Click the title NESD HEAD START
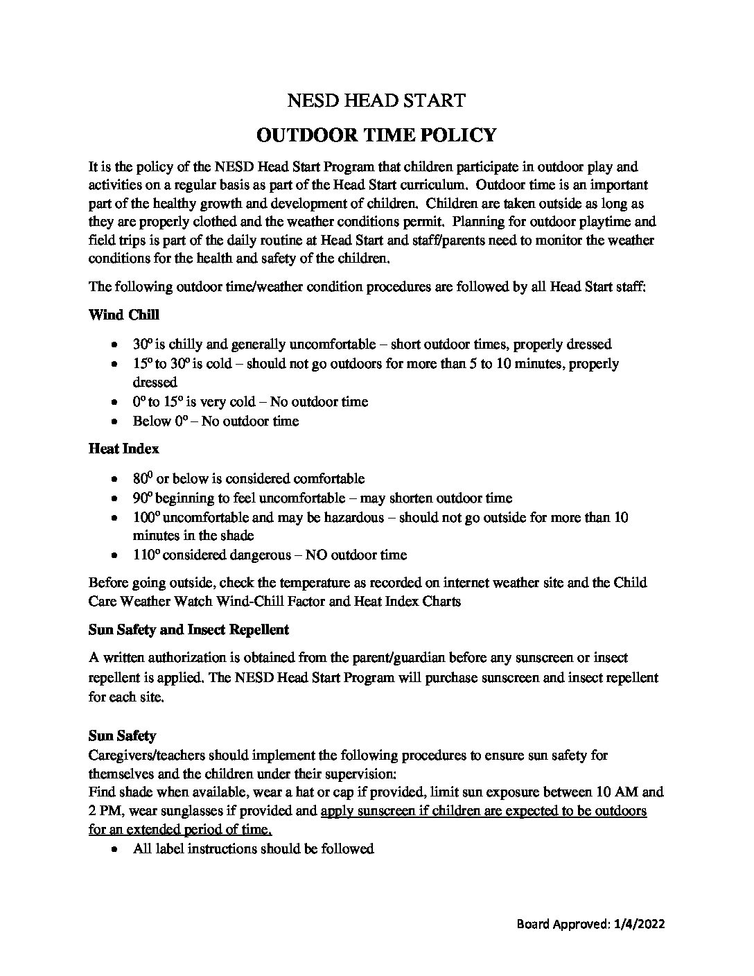click(x=376, y=101)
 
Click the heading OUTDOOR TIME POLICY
click(x=376, y=134)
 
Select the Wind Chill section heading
click(x=123, y=315)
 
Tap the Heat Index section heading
click(x=123, y=448)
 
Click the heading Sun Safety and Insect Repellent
click(x=188, y=629)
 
